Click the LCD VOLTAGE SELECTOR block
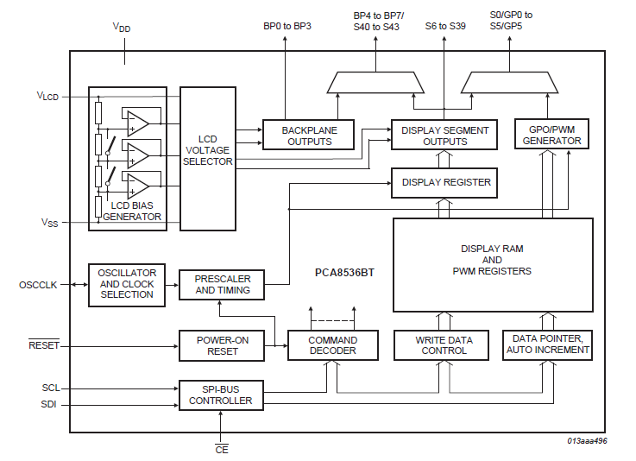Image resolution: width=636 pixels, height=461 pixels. click(207, 158)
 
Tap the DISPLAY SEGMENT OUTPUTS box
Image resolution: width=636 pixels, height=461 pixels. click(444, 136)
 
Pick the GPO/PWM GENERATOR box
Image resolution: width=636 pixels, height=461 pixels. click(551, 136)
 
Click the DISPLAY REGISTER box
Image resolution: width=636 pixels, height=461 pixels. click(444, 182)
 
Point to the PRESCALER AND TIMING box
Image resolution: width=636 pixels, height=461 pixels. click(222, 284)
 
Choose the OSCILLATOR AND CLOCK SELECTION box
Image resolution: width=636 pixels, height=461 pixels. click(126, 284)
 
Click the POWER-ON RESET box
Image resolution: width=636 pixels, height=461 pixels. click(222, 345)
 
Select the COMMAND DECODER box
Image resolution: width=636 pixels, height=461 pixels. click(333, 345)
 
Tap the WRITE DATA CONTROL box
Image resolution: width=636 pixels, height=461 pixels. click(444, 345)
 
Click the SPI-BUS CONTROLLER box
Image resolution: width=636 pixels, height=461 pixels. click(222, 395)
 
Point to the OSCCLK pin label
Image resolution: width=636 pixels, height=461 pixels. click(37, 284)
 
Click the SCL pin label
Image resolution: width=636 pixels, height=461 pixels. click(50, 388)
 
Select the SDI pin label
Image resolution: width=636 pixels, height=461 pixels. click(50, 404)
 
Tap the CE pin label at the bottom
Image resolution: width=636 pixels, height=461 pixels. click(221, 449)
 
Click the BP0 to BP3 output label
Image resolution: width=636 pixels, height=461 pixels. click(287, 26)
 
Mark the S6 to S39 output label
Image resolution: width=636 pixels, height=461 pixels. click(445, 26)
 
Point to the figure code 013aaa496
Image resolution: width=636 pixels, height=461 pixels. click(587, 440)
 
